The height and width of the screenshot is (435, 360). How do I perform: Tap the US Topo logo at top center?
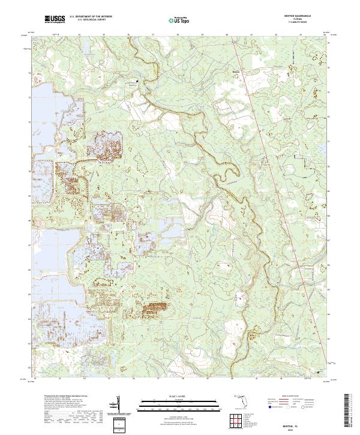point(181,20)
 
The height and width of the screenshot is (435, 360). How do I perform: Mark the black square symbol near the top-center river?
point(137,81)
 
